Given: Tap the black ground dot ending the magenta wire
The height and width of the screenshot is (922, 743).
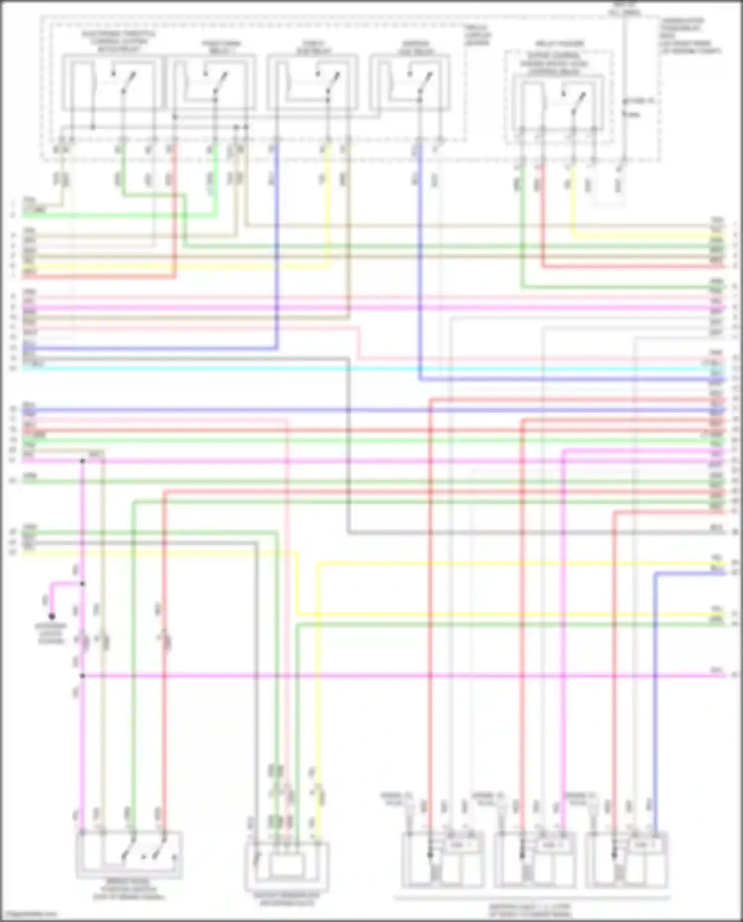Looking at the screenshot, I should [52, 616].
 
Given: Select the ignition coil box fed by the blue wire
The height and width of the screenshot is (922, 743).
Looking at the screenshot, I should [627, 860].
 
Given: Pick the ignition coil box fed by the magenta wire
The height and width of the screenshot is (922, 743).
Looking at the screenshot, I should [535, 860].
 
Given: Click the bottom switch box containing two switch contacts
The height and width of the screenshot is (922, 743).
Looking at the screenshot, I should [129, 854].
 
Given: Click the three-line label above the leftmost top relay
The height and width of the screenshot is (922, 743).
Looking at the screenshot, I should [119, 42].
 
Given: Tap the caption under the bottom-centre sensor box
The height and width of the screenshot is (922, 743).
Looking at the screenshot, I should [287, 900].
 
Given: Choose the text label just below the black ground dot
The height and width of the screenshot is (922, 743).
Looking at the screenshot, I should [51, 634].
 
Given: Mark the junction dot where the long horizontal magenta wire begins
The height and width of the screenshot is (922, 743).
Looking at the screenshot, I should [82, 675].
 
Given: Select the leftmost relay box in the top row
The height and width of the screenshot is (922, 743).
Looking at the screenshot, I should [112, 82].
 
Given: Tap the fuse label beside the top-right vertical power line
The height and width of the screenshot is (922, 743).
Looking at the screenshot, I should [642, 101].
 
